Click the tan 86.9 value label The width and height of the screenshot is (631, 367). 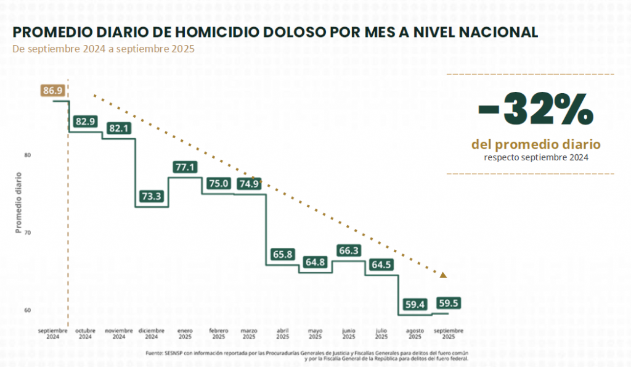pos(53,91)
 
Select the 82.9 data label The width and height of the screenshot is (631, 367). pos(85,122)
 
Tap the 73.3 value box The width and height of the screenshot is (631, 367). pos(151,197)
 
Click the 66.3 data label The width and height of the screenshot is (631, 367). pos(349,250)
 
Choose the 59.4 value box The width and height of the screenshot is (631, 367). pos(415,304)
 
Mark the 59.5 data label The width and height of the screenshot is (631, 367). pos(449,303)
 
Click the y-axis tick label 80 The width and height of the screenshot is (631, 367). pos(28,155)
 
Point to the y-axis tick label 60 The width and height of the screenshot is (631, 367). pos(28,310)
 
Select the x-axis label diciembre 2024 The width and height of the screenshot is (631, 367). pos(152,334)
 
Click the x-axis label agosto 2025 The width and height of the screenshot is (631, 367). pos(415,334)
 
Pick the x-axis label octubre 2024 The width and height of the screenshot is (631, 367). pos(85,334)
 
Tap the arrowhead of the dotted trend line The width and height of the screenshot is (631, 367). pos(442,275)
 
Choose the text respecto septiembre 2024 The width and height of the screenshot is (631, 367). pos(535,158)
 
